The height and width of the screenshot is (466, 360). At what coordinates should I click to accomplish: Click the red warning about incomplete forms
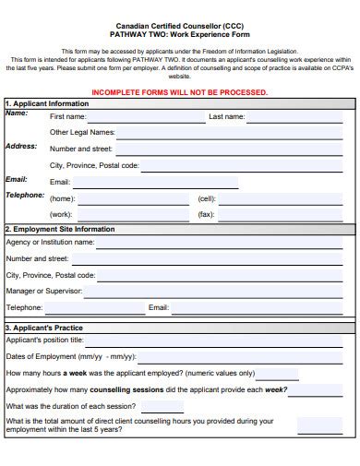pyautogui.click(x=181, y=92)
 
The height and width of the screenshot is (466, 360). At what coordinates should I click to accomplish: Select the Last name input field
pyautogui.click(x=301, y=117)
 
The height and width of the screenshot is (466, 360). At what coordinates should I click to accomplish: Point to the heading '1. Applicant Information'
pyautogui.click(x=47, y=103)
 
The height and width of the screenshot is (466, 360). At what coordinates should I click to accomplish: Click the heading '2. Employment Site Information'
pyautogui.click(x=60, y=228)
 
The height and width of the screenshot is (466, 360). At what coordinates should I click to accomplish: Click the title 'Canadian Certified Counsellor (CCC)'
pyautogui.click(x=181, y=26)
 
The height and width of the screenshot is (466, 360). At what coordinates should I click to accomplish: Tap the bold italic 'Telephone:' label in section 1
pyautogui.click(x=25, y=196)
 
